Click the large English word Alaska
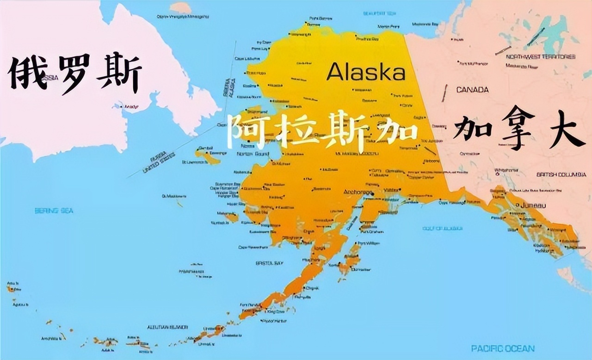pyautogui.click(x=366, y=72)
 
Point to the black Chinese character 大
pyautogui.click(x=567, y=131)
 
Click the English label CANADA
pyautogui.click(x=472, y=89)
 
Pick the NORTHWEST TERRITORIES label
pyautogui.click(x=541, y=56)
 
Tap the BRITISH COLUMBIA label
pyautogui.click(x=561, y=174)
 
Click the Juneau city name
pyautogui.click(x=533, y=205)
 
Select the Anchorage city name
pyautogui.click(x=357, y=192)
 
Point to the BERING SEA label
pyautogui.click(x=54, y=211)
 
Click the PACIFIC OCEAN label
pyautogui.click(x=503, y=348)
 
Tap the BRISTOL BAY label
pyautogui.click(x=269, y=263)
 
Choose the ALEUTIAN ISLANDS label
pyautogui.click(x=167, y=327)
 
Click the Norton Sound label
pyautogui.click(x=253, y=154)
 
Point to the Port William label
pyautogui.click(x=369, y=243)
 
